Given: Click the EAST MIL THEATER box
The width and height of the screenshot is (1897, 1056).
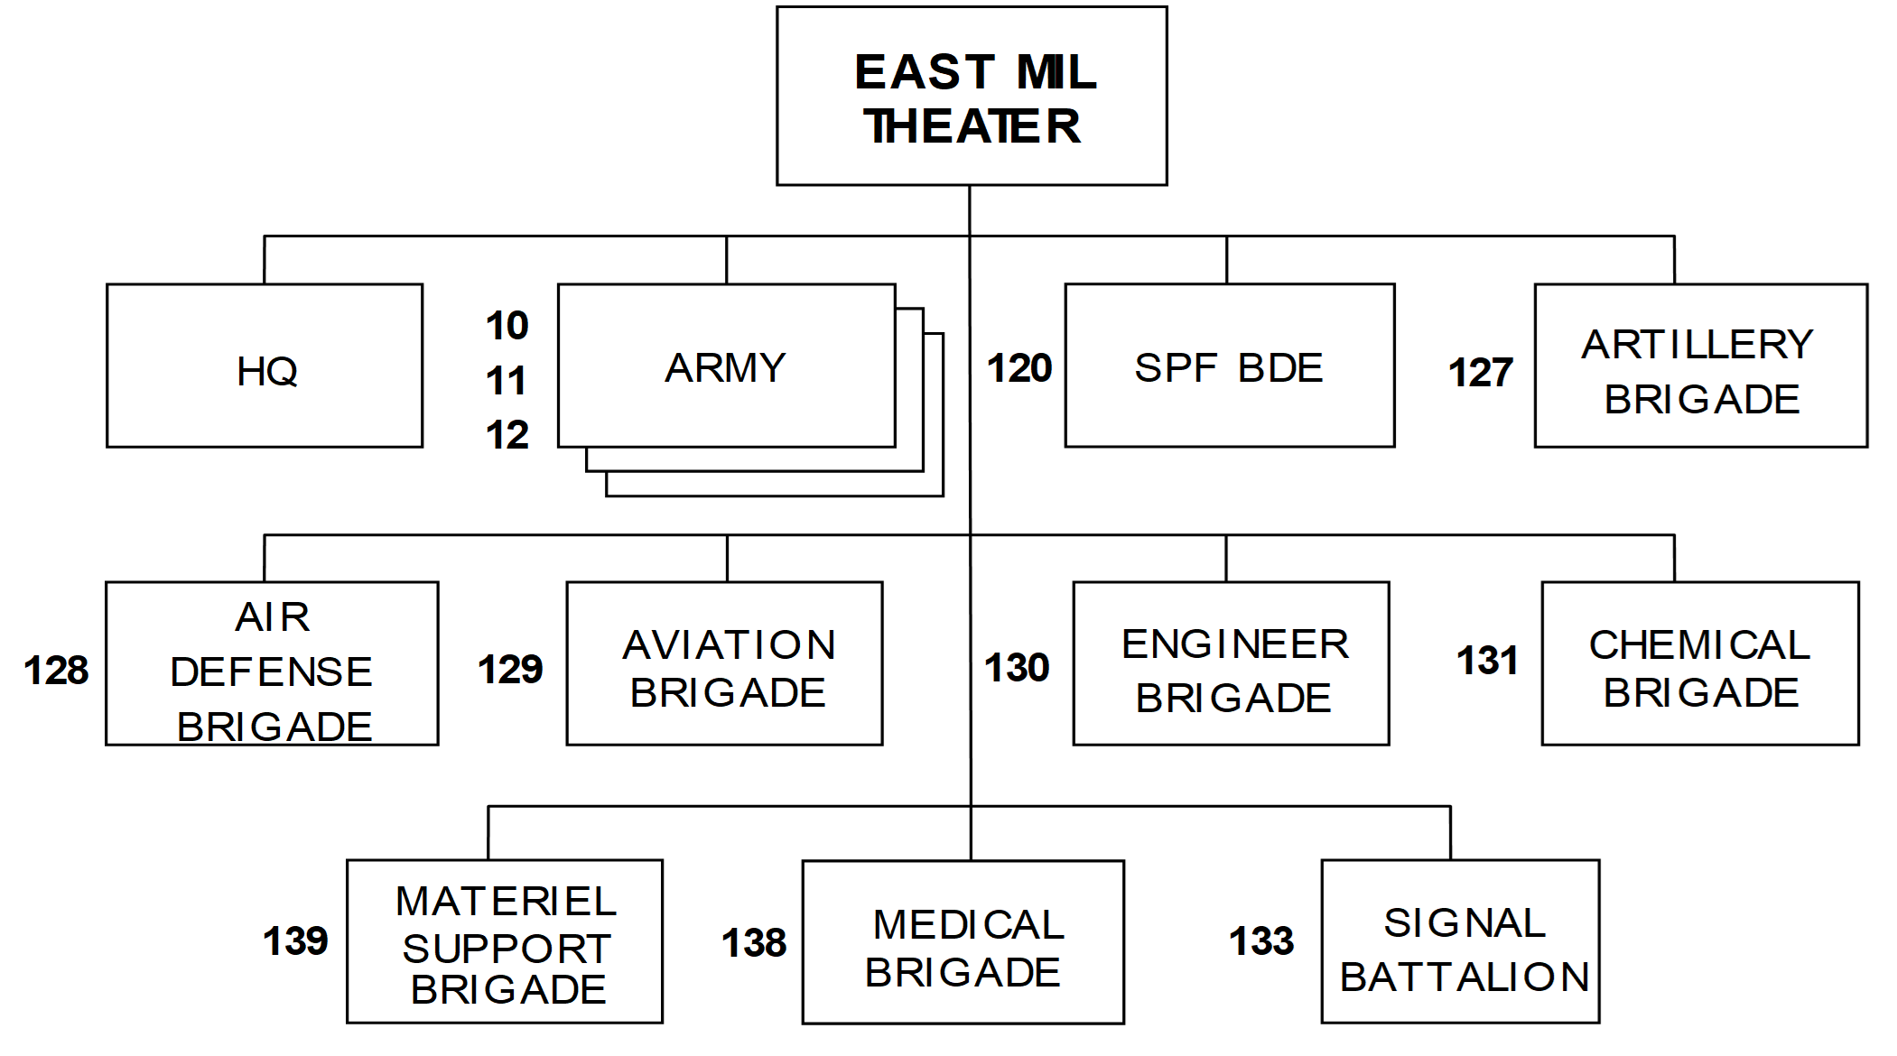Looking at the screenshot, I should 972,97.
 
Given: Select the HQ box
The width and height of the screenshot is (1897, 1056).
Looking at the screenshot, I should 265,366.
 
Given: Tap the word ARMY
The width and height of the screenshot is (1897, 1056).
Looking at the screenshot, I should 726,368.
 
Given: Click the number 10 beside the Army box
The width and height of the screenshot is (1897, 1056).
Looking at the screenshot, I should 507,326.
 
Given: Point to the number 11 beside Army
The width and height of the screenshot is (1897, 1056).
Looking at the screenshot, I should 507,381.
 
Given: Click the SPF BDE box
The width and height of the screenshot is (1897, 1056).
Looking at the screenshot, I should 1230,366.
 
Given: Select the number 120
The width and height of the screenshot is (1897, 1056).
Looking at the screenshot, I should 1019,368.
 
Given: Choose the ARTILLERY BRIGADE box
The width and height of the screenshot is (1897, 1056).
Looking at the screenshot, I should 1701,366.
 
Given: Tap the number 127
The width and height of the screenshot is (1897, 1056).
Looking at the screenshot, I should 1481,373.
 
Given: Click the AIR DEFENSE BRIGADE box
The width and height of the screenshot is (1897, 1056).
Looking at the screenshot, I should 272,663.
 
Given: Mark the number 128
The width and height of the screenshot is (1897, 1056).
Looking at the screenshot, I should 56,671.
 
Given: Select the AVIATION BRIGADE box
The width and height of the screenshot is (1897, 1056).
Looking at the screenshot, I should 725,663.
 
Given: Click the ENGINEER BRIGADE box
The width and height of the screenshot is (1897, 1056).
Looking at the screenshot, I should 1231,663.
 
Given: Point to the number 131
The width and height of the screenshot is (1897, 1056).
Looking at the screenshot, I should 1487,661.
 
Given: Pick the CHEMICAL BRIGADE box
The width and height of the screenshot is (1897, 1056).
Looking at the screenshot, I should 1700,663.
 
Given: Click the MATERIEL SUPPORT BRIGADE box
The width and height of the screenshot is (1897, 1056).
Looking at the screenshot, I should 505,941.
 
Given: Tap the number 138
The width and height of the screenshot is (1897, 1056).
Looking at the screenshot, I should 754,943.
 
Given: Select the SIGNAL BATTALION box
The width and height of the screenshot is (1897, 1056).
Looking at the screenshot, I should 1461,941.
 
